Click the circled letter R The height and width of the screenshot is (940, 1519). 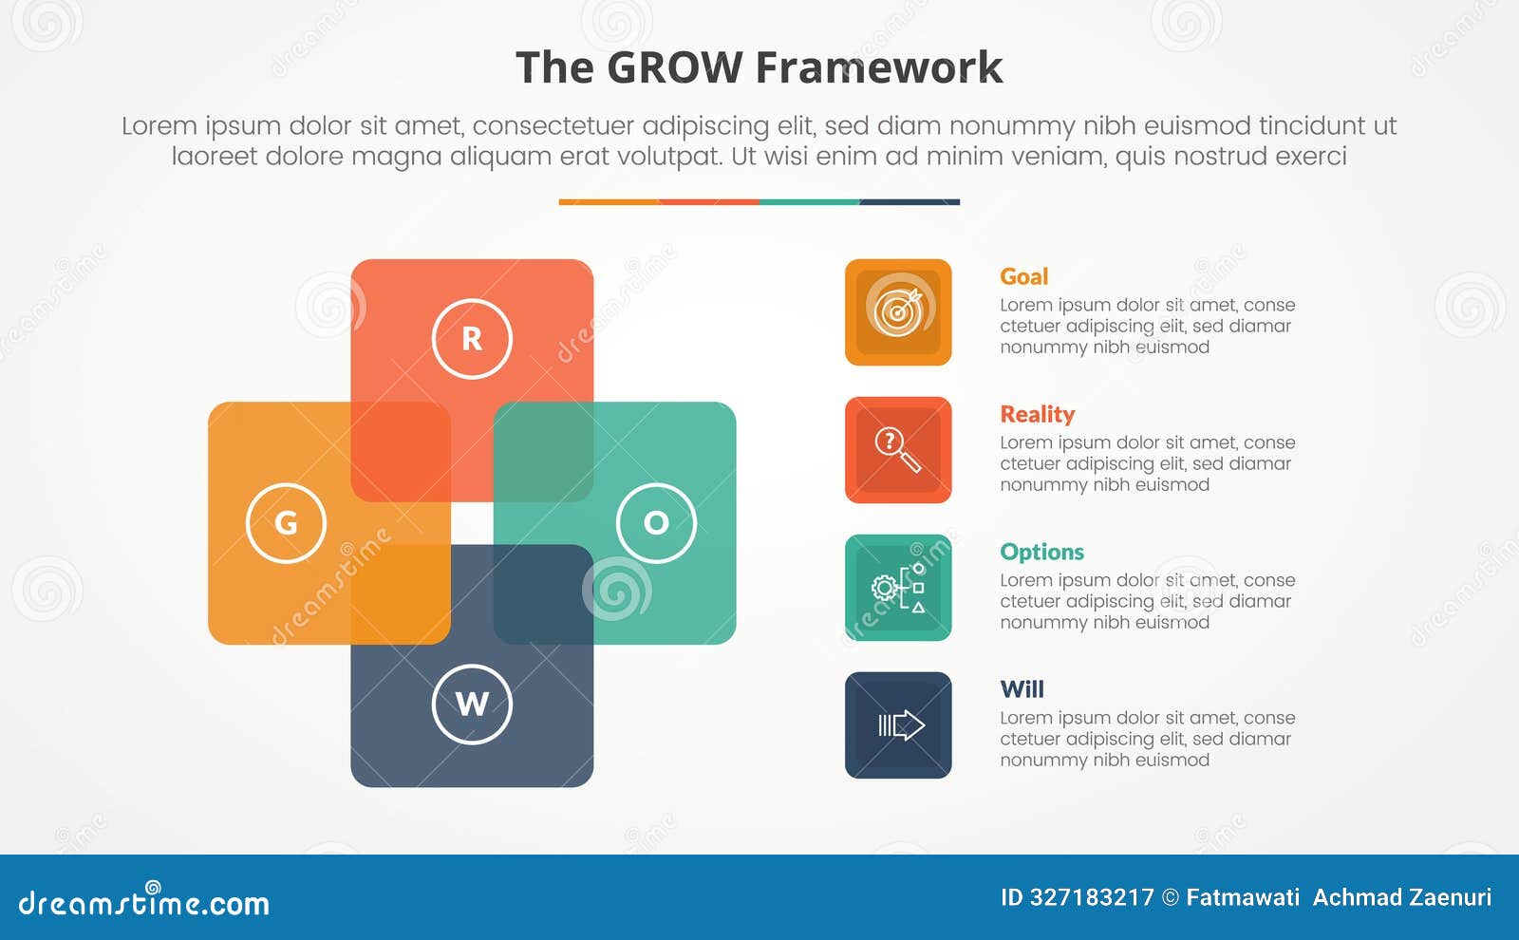coord(472,339)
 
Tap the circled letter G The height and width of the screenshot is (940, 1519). coord(286,523)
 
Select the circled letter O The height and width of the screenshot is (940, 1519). coord(656,523)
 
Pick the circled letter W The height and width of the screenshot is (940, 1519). coord(472,705)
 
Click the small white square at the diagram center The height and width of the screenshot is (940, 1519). coord(472,523)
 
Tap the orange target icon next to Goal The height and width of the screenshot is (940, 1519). coord(898,312)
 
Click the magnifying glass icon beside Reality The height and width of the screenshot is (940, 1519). coord(898,450)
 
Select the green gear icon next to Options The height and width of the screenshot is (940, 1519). coord(898,588)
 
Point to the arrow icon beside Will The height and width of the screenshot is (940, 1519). coord(898,725)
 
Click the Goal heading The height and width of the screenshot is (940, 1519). coord(1023,276)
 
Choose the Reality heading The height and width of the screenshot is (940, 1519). coord(1037,414)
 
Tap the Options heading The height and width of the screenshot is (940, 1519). coord(1041,552)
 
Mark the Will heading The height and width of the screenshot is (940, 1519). coord(1022,689)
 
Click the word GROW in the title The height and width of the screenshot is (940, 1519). coord(674,68)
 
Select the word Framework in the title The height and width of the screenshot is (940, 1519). coord(879,68)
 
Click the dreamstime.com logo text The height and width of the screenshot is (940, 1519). coord(144,903)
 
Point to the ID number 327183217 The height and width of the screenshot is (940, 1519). coord(1092,897)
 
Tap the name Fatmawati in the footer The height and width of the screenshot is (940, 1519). coord(1243,897)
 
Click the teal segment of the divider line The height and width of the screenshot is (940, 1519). coord(809,202)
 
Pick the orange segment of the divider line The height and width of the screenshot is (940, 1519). coord(609,202)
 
